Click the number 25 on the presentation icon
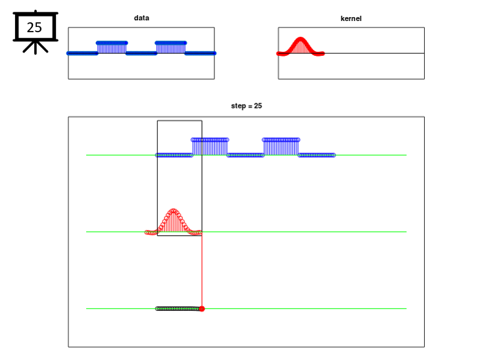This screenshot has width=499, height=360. point(34,28)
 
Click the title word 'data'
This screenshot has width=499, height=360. point(141,18)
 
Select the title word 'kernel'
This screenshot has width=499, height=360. point(351,18)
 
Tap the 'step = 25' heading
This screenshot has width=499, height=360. point(247,106)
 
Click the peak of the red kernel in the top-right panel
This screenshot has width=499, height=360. point(300,39)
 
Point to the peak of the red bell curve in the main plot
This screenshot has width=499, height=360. point(173,210)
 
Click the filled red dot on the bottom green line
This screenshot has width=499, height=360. point(202,309)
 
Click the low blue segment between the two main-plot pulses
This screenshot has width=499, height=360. point(245,155)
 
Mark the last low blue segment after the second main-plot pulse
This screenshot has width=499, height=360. point(317,155)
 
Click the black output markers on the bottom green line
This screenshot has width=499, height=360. point(178,309)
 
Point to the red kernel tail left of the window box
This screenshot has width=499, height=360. point(151,233)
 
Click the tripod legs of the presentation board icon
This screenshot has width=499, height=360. point(36,47)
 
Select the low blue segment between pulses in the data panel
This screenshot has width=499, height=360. point(141,53)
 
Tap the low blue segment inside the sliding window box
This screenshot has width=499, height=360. point(174,155)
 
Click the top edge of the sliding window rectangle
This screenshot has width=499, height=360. point(179,120)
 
